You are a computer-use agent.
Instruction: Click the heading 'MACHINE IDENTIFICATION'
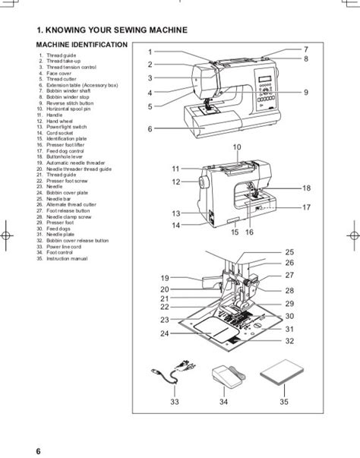click(81, 47)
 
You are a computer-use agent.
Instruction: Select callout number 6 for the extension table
click(150, 128)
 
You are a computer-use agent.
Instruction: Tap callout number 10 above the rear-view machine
click(236, 147)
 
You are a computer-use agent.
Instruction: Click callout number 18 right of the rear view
click(307, 188)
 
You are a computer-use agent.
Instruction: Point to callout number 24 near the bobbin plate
click(164, 333)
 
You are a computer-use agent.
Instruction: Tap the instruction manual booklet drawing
click(283, 374)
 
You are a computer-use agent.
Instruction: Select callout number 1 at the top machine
click(150, 52)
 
